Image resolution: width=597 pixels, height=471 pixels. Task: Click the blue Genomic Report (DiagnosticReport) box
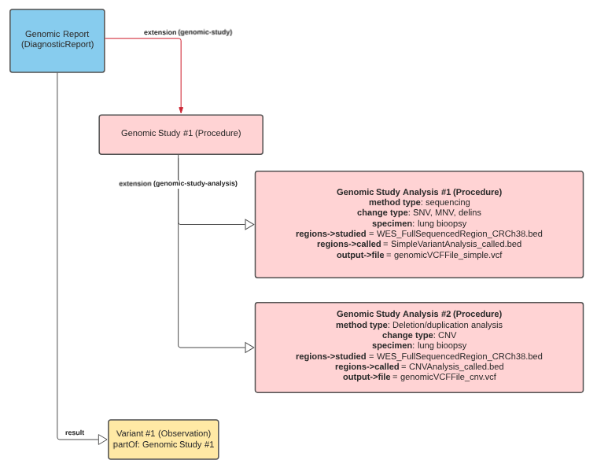pos(57,41)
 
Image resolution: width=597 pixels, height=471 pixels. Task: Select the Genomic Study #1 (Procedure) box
pos(180,134)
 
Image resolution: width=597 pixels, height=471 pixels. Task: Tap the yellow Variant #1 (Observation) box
pos(164,439)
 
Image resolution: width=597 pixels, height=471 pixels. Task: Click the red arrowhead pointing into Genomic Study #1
pos(181,109)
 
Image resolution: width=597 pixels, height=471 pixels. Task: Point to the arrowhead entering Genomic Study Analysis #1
pos(249,225)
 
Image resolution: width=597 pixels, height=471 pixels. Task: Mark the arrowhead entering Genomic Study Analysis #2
pos(249,348)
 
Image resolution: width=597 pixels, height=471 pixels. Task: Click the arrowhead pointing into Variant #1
pos(102,440)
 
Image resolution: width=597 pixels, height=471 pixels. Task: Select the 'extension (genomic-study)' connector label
pos(188,32)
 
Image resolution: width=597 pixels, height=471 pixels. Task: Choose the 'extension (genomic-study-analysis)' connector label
pos(178,183)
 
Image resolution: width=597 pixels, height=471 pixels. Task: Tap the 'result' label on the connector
pos(75,432)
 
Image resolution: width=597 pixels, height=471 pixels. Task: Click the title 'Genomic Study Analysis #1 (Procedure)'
pos(418,192)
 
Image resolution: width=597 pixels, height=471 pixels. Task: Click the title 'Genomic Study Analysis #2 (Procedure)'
pos(418,314)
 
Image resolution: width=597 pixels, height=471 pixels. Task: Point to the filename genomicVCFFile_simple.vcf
pos(448,255)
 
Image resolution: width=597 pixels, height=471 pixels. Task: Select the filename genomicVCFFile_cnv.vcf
pos(448,377)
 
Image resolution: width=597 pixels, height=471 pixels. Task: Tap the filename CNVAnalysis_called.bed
pos(452,366)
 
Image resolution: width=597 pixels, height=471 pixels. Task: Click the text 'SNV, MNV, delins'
pos(447,212)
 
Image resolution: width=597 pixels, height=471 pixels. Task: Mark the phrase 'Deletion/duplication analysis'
pos(446,325)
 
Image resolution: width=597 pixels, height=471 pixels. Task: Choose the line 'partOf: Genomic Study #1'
pos(164,445)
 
